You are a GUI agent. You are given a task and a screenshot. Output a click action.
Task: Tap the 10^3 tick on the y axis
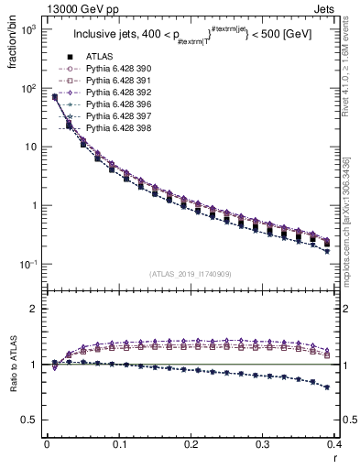click(x=28, y=30)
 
